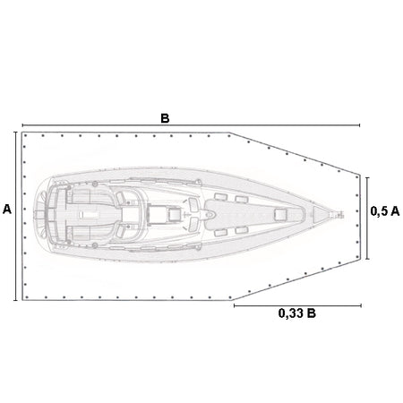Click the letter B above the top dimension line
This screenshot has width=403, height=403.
(x=165, y=118)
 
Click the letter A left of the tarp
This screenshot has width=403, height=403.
(x=7, y=210)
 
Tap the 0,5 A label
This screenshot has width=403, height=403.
(x=385, y=211)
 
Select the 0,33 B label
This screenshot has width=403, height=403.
(x=297, y=313)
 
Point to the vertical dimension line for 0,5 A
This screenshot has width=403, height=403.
(x=367, y=219)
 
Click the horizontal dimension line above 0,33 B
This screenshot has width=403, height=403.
(x=297, y=305)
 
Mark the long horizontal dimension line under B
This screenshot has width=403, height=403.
(x=191, y=125)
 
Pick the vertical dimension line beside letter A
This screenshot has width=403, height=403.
(x=15, y=216)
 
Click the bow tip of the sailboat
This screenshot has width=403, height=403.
(x=343, y=214)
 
